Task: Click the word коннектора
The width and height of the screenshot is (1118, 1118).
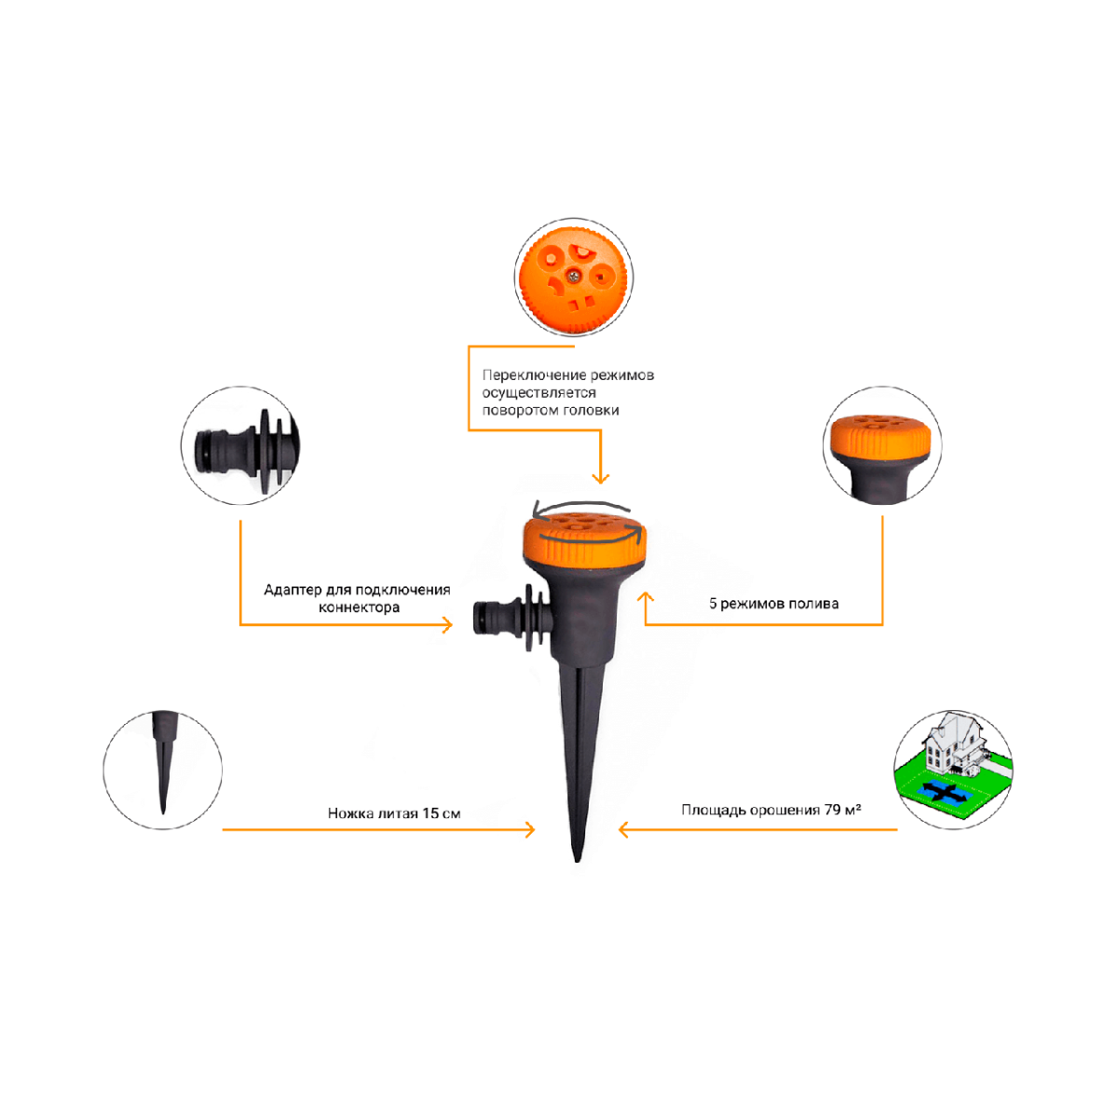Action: [x=359, y=608]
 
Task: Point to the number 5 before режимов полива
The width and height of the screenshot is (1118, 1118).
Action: [x=713, y=604]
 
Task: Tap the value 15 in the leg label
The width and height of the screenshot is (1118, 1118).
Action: [x=430, y=812]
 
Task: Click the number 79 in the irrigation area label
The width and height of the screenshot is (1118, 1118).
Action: [x=833, y=810]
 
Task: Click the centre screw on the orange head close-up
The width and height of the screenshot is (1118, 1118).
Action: [x=573, y=276]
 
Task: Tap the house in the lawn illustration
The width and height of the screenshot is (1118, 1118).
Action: [x=952, y=744]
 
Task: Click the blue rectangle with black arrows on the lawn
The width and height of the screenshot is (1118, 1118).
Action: [x=945, y=791]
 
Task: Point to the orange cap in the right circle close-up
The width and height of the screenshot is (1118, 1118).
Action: [x=880, y=440]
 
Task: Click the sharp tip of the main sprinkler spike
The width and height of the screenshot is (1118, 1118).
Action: [x=578, y=861]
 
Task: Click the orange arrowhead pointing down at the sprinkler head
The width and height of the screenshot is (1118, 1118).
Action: [x=601, y=478]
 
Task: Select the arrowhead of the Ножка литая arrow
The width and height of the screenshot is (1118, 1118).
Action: [x=530, y=830]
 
